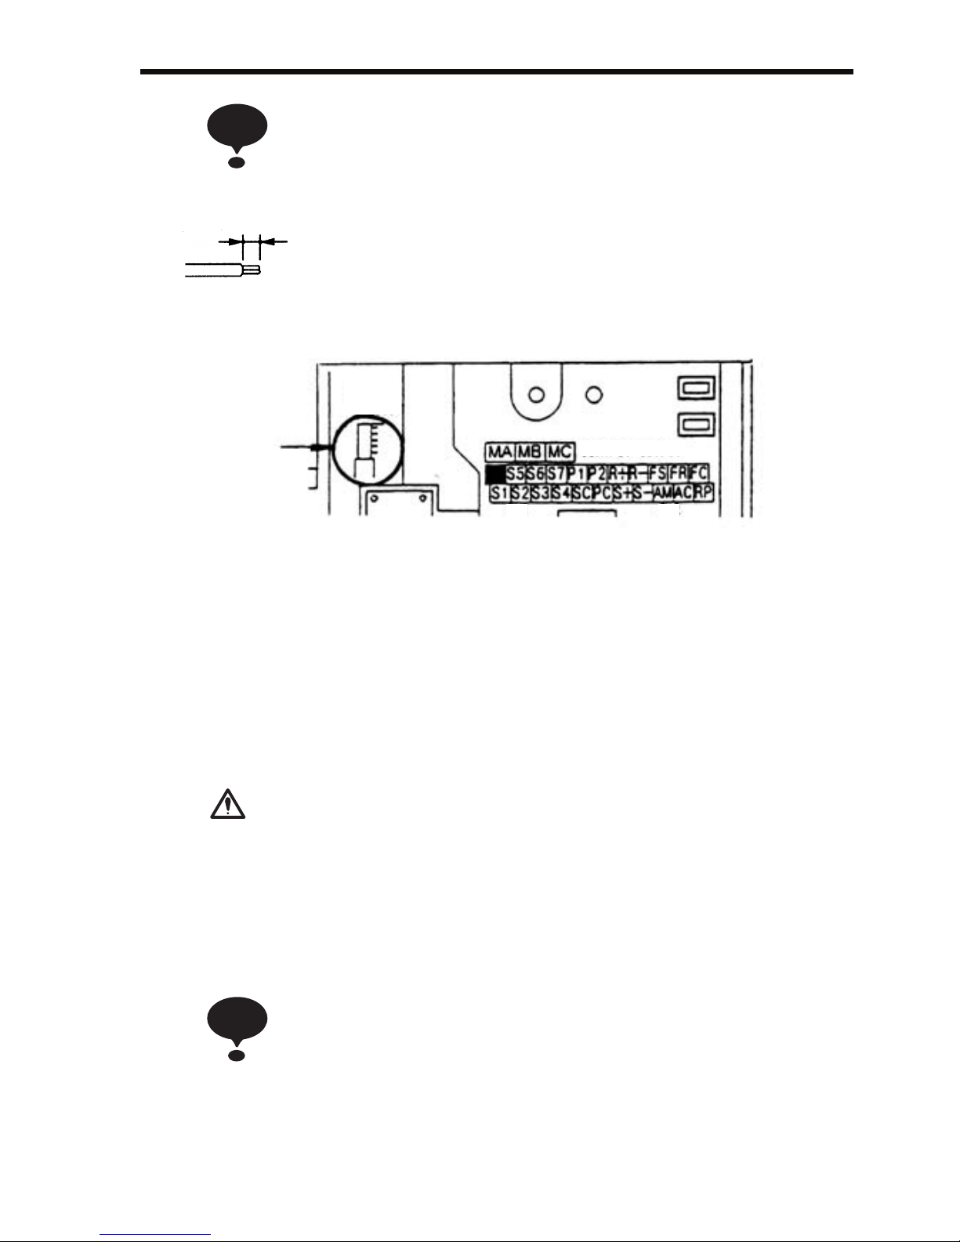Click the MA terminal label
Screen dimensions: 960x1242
click(x=498, y=452)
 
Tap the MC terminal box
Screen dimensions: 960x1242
click(x=559, y=452)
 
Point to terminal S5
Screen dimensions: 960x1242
click(x=515, y=474)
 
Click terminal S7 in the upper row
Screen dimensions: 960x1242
click(x=556, y=474)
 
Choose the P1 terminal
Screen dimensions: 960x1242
click(x=576, y=474)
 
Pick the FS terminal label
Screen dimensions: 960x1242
click(x=658, y=474)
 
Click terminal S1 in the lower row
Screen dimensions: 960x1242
click(x=499, y=494)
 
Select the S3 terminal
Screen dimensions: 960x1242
click(x=540, y=494)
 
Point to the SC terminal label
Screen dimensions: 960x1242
click(x=581, y=494)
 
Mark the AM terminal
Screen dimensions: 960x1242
click(x=663, y=494)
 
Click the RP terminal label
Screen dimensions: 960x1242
click(x=704, y=494)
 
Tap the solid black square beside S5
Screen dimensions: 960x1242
click(x=494, y=474)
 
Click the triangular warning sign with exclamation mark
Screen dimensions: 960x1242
click(x=227, y=805)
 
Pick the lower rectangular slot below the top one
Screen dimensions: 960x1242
click(x=695, y=425)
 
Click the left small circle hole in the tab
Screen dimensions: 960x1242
click(x=537, y=394)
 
